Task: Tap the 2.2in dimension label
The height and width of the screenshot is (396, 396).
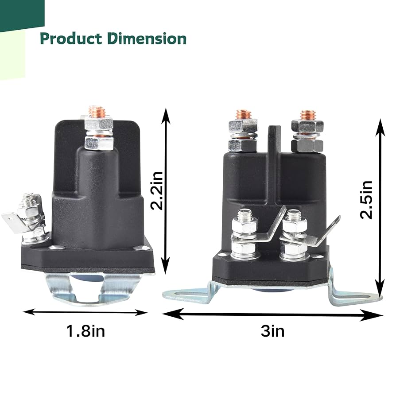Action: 158,190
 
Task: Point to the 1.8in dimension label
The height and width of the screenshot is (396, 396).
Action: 85,330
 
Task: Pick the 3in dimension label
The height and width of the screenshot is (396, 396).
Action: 272,330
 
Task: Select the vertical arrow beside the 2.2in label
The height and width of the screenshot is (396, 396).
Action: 166,190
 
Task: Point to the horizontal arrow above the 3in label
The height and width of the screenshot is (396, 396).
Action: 272,315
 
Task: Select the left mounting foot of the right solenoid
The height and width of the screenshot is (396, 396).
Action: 186,293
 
